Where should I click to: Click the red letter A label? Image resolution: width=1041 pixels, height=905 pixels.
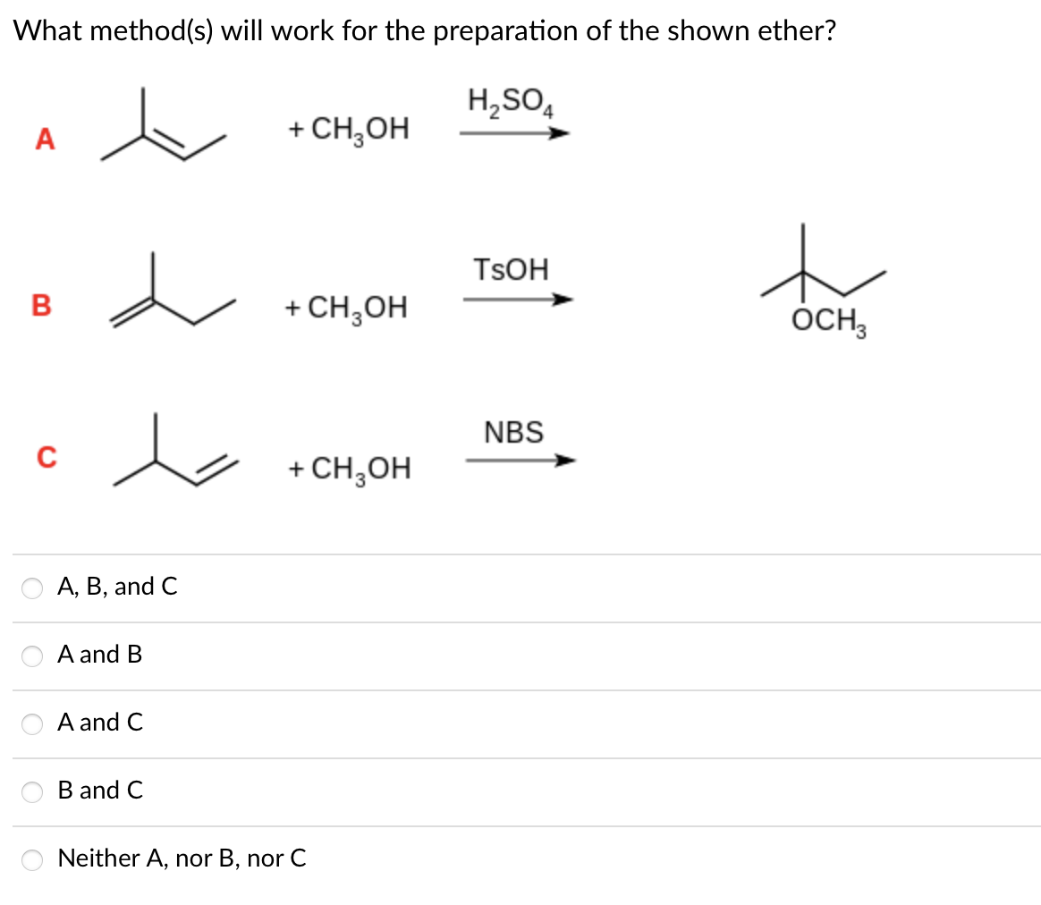coord(44,139)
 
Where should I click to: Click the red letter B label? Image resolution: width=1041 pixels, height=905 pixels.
coord(41,305)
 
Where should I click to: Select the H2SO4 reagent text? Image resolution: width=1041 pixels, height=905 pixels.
coord(512,100)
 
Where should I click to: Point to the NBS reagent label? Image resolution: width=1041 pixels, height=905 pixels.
coord(513,432)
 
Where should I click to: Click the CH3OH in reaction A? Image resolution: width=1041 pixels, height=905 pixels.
coord(349,130)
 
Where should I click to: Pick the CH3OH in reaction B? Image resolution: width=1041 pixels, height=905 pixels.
coord(346,308)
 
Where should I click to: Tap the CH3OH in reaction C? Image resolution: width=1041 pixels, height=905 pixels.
coord(351,468)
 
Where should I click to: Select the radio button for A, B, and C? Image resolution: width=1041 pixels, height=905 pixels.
coord(32,588)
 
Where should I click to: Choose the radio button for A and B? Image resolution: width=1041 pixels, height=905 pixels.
coord(32,655)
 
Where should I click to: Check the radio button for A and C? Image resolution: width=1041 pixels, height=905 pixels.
coord(32,723)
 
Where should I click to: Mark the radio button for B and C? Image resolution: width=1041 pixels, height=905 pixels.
coord(32,791)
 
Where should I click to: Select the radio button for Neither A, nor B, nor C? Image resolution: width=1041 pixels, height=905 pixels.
coord(32,859)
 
